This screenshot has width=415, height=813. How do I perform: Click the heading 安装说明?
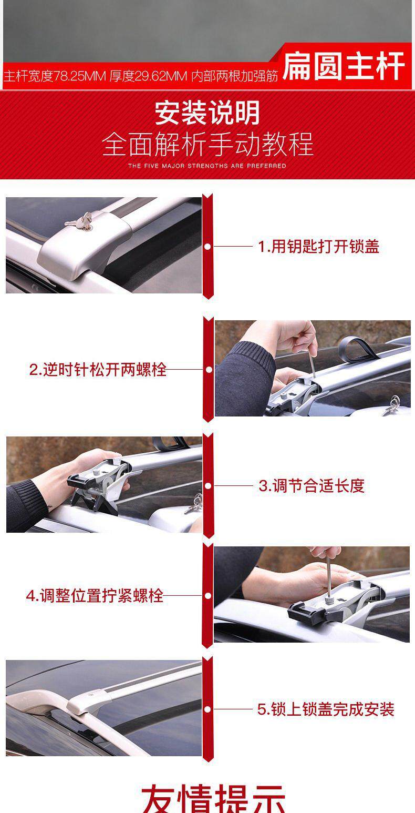coord(207,113)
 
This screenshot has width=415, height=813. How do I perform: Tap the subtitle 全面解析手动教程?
coord(207,144)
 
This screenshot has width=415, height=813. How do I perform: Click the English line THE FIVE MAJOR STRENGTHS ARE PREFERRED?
coord(207,166)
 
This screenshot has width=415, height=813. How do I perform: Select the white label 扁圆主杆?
coord(343,66)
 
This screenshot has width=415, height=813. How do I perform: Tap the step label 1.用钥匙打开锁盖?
coord(318,247)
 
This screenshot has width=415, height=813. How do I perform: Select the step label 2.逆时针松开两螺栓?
coord(98,370)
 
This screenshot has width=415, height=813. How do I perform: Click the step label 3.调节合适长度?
coord(312,485)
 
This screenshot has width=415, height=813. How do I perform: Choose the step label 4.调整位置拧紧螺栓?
coord(95,596)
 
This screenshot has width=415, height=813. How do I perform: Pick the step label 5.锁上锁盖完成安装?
coord(326,709)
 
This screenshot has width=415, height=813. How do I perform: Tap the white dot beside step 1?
coord(207,247)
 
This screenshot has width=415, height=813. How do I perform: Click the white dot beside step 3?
coord(208,485)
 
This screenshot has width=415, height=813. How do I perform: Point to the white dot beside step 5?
coord(207,709)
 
